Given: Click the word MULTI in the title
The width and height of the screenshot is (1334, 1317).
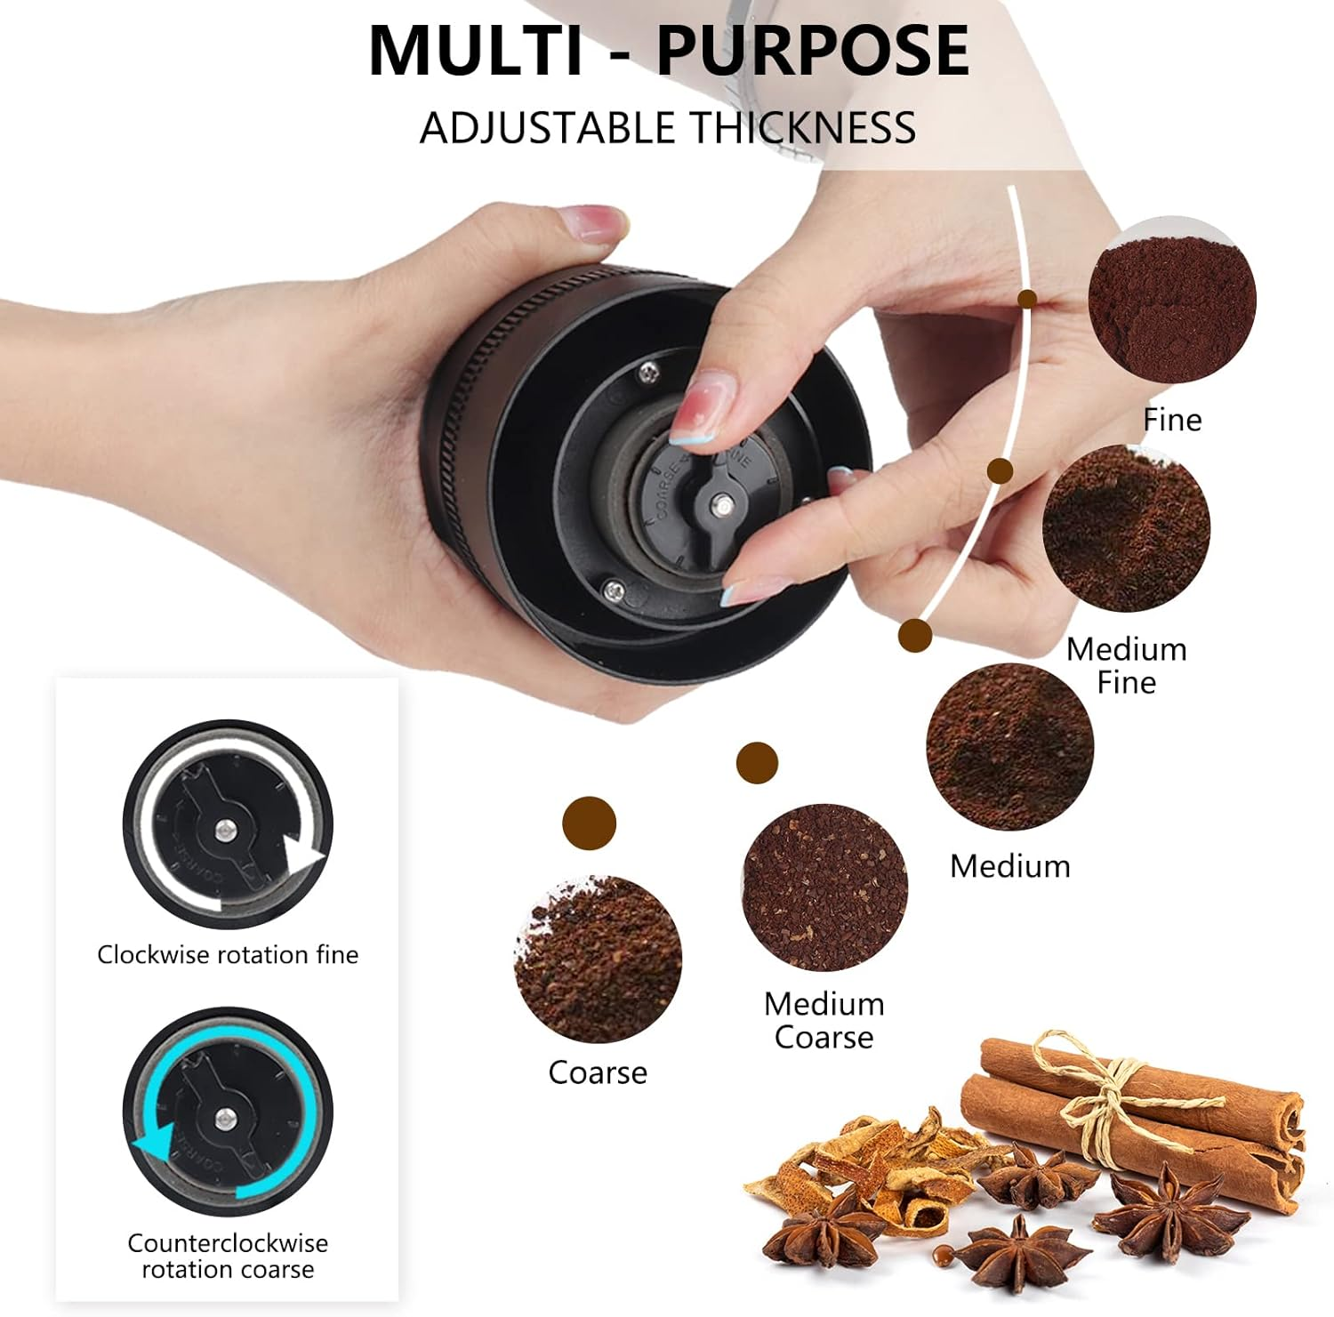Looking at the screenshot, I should (x=476, y=51).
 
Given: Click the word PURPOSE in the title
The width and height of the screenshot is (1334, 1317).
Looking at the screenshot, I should (x=812, y=51).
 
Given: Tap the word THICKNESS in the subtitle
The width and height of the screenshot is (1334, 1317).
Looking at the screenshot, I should (x=804, y=128).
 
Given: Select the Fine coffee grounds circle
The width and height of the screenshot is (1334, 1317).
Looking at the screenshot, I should (x=1172, y=301).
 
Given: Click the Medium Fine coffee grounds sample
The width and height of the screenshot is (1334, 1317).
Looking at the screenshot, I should (x=1126, y=528).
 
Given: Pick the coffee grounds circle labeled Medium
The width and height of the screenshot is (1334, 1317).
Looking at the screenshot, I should (x=1009, y=747).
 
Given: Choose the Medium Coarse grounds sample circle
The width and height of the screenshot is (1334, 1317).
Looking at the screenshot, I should (x=825, y=887).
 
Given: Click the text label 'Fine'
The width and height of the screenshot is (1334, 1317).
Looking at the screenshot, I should (x=1172, y=420).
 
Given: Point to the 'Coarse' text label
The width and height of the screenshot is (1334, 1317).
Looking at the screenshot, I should (x=598, y=1072).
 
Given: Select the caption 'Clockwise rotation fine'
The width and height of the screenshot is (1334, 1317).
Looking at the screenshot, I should (x=228, y=955).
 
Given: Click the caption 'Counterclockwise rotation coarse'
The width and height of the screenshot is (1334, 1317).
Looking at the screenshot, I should (x=228, y=1256).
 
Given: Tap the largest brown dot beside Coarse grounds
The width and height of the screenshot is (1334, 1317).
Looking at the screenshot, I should (x=589, y=823).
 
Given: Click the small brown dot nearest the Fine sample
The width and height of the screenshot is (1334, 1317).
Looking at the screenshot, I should (x=1027, y=299).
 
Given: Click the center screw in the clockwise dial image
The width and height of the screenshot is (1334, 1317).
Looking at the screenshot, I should (x=226, y=831).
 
